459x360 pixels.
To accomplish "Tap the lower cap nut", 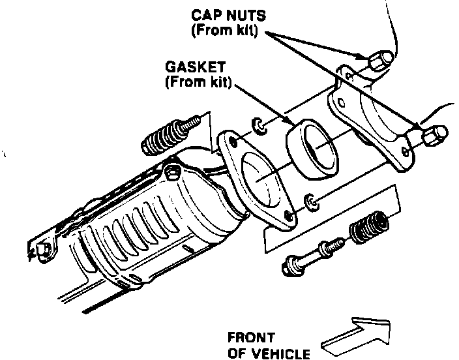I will pos(434,136).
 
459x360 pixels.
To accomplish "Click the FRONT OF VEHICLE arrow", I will pos(357,335).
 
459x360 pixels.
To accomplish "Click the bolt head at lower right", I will pos(291,265).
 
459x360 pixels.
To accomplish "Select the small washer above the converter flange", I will pos(259,125).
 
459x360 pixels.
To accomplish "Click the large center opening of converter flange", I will pos(262,177).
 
